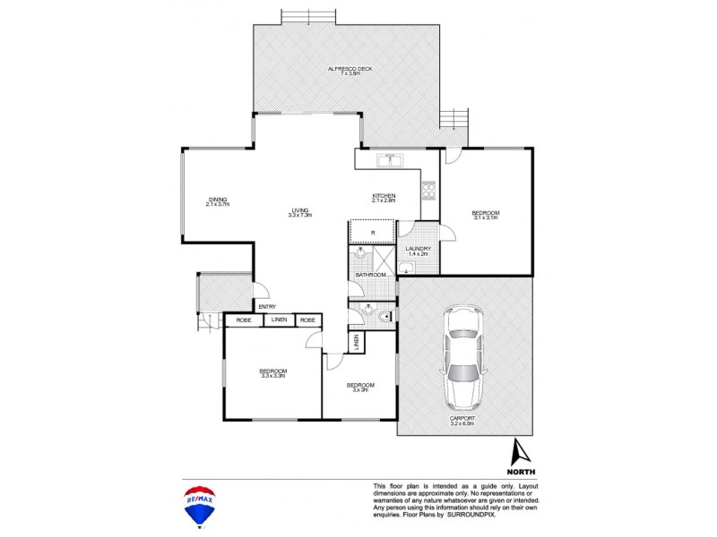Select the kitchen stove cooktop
428,190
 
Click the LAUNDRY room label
419,249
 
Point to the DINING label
218,199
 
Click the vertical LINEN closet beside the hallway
356,341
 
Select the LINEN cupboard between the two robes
280,320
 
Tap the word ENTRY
266,307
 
